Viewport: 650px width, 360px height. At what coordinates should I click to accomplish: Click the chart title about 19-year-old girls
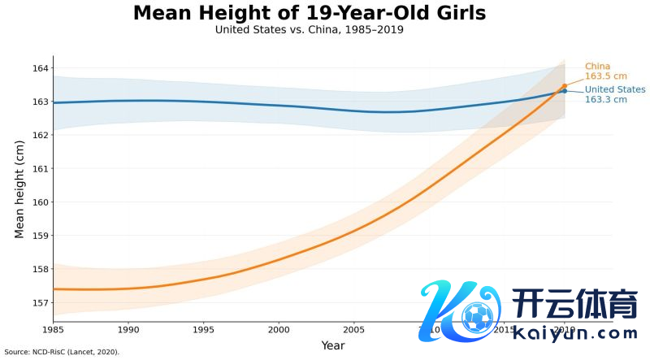click(x=310, y=13)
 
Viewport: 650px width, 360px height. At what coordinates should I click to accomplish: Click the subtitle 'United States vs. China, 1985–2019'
click(x=310, y=30)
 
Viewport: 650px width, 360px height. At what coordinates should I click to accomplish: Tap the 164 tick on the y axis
click(x=39, y=68)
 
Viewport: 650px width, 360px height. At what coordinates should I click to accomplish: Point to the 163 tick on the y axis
click(x=39, y=102)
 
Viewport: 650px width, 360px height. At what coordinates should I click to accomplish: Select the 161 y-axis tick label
click(x=39, y=169)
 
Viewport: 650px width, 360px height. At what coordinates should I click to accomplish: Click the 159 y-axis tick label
click(x=39, y=236)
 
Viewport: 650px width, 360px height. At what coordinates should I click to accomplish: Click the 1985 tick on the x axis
click(x=53, y=330)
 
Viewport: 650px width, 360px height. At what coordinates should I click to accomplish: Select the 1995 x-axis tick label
click(x=203, y=330)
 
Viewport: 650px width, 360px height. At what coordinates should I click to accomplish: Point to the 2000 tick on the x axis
click(x=279, y=330)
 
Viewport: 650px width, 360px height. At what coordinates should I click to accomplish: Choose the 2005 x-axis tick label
click(x=353, y=330)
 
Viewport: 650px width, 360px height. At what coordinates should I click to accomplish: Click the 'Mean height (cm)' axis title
click(x=19, y=189)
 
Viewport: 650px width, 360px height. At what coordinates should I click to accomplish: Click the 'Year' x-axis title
click(x=332, y=345)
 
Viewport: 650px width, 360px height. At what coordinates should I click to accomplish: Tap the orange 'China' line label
click(x=598, y=67)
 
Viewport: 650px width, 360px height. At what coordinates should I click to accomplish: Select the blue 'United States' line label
click(x=615, y=89)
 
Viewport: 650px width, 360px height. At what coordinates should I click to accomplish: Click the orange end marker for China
click(x=565, y=85)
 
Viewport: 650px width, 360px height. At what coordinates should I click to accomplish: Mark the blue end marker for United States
click(x=565, y=91)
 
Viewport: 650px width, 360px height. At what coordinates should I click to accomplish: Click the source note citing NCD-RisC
click(x=62, y=353)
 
